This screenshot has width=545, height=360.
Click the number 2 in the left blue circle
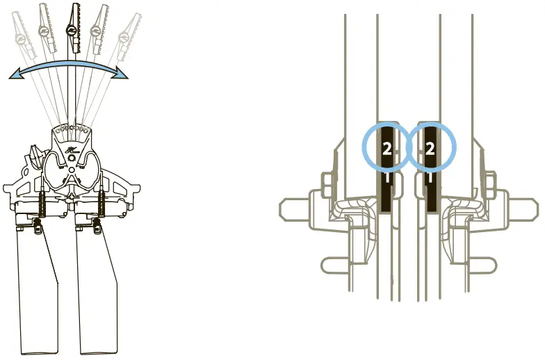coord(388,148)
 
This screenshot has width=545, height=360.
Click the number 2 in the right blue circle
coord(430,148)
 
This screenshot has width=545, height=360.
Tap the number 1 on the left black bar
coord(388,178)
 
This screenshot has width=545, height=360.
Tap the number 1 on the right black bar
coord(430,178)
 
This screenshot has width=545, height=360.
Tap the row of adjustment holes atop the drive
coord(72,129)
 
